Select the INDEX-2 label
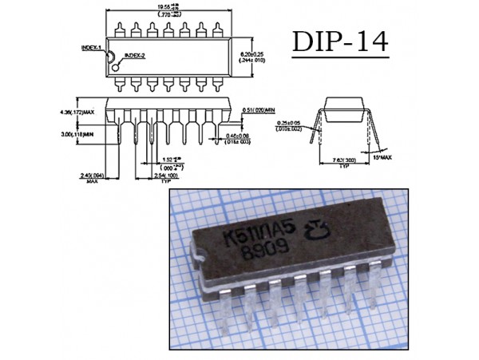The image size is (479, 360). (132, 55)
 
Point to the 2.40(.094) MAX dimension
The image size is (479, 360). (93, 175)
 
